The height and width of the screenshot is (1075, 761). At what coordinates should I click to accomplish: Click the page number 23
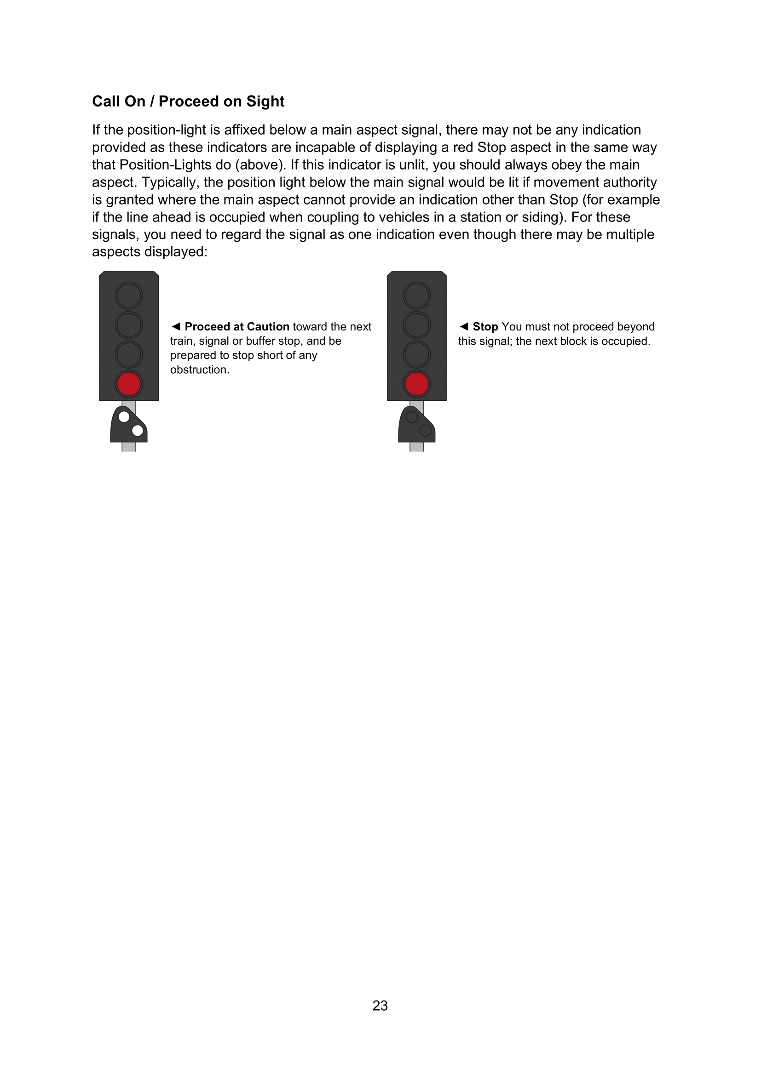380,1005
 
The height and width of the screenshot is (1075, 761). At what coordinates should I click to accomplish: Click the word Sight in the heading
265,101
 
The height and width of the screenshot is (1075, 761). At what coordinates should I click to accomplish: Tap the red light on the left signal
129,384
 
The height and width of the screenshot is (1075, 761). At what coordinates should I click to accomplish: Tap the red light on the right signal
416,384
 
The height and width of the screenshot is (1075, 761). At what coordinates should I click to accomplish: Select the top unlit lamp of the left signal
129,296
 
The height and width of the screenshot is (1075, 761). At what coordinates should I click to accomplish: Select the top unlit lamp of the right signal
416,296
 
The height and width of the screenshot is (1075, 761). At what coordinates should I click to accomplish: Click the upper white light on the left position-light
124,416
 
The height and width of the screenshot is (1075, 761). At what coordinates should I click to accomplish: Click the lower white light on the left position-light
138,430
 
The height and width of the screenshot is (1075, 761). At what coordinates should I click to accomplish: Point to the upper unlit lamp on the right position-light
411,416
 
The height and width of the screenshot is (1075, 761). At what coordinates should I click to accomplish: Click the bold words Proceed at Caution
237,326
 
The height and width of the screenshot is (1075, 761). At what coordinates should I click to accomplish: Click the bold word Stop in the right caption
485,326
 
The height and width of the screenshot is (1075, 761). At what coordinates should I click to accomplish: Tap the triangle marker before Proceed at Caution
176,326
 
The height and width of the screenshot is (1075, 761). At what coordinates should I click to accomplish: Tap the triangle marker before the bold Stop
463,326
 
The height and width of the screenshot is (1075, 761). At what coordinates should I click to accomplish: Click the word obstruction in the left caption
199,370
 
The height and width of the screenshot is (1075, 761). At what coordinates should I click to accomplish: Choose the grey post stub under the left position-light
129,447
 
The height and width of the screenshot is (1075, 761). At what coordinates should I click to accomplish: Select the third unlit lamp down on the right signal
416,354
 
